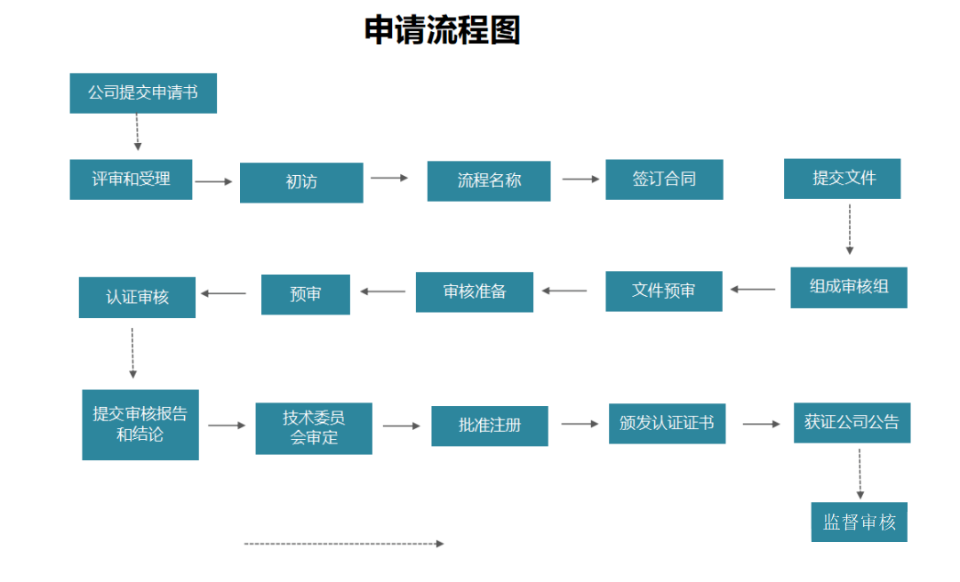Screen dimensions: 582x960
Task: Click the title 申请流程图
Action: pyautogui.click(x=442, y=30)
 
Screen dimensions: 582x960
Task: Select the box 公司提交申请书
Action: pyautogui.click(x=143, y=93)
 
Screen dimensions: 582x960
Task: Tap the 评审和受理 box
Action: pyautogui.click(x=131, y=179)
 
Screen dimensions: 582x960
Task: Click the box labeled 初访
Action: pyautogui.click(x=301, y=182)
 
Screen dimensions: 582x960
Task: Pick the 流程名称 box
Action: pyautogui.click(x=489, y=181)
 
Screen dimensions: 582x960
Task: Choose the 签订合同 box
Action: pyautogui.click(x=664, y=179)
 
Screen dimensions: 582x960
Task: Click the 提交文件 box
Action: pyautogui.click(x=842, y=179)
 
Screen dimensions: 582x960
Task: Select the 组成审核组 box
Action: pyautogui.click(x=848, y=288)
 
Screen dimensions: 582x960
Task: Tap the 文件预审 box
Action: pyautogui.click(x=663, y=291)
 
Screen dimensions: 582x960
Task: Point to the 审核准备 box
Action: pyautogui.click(x=474, y=292)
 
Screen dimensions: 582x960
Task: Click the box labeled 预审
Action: pyautogui.click(x=305, y=294)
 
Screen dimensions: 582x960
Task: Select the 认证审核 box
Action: pyautogui.click(x=137, y=297)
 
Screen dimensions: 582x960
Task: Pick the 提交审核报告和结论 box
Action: pyautogui.click(x=140, y=425)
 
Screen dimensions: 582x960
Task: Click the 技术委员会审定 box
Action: pyautogui.click(x=314, y=428)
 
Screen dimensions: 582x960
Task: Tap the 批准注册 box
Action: pyautogui.click(x=490, y=426)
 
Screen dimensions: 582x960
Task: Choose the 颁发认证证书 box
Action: pyautogui.click(x=667, y=424)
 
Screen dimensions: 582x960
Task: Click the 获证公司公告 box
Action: pyautogui.click(x=852, y=423)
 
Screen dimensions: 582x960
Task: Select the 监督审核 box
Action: pyautogui.click(x=859, y=522)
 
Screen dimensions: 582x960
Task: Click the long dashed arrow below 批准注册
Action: pyautogui.click(x=343, y=544)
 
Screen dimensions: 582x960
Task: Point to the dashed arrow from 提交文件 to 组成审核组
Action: pyautogui.click(x=849, y=229)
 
